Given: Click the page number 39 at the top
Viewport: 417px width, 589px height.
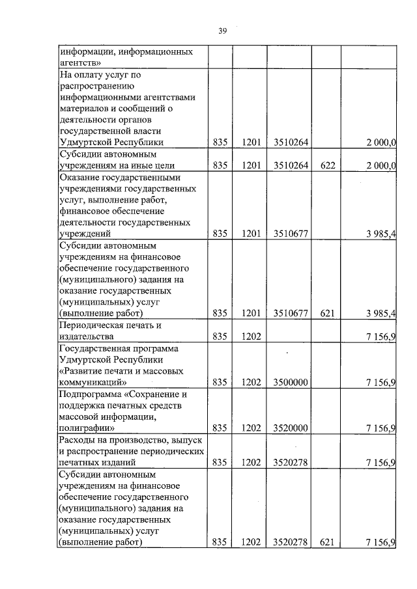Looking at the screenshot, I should point(222,30).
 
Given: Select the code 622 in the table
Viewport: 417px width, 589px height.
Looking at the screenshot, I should point(327,165).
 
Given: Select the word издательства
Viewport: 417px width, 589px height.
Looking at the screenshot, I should point(86,336).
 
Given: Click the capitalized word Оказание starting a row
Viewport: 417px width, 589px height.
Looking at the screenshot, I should point(78,177).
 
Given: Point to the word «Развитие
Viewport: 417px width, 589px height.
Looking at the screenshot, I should point(81,371).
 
